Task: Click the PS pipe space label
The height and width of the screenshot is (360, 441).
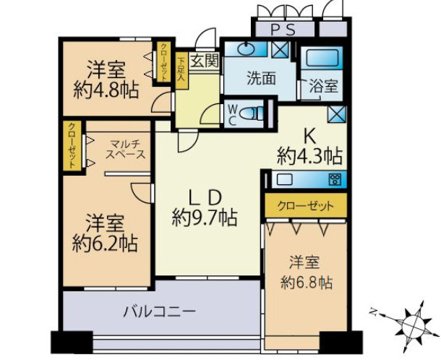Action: [x=283, y=29]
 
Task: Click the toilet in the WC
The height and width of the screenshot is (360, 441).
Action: [x=252, y=114]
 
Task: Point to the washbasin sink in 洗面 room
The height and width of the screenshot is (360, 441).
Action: [x=246, y=48]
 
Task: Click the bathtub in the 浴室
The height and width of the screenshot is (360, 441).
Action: [x=322, y=58]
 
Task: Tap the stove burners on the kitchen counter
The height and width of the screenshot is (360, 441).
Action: [x=335, y=179]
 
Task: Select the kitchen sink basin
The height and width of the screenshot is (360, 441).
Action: [x=285, y=179]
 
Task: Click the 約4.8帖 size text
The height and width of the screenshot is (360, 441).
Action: [x=106, y=90]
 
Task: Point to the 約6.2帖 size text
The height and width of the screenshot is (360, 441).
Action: [x=105, y=244]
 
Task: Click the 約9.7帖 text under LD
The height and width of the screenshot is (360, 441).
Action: [x=205, y=218]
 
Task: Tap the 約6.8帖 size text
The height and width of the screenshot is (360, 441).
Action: [x=307, y=282]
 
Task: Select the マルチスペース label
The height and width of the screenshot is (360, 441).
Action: [x=126, y=150]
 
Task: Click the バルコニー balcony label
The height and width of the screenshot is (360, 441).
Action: [x=160, y=312]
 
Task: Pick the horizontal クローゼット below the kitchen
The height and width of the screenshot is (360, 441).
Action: [x=306, y=205]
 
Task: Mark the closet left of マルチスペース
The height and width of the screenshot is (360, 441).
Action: [x=72, y=145]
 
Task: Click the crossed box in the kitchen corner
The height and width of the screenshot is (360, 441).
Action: [x=337, y=115]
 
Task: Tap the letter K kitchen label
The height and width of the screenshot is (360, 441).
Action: [x=309, y=137]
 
